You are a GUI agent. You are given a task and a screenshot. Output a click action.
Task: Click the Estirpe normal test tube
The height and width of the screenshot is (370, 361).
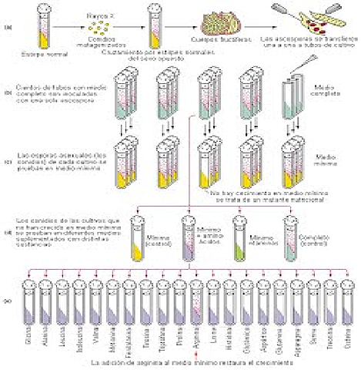pos(38,28)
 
